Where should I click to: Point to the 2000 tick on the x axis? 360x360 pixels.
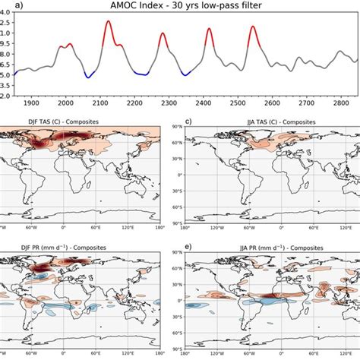(66, 103)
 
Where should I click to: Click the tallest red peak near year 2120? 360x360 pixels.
(108, 22)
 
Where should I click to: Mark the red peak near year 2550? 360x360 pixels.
(253, 27)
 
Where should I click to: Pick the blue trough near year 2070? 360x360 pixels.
(90, 77)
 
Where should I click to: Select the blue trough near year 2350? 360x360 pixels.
(186, 74)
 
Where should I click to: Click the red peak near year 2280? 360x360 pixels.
(163, 33)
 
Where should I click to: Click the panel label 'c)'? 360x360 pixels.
(188, 120)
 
